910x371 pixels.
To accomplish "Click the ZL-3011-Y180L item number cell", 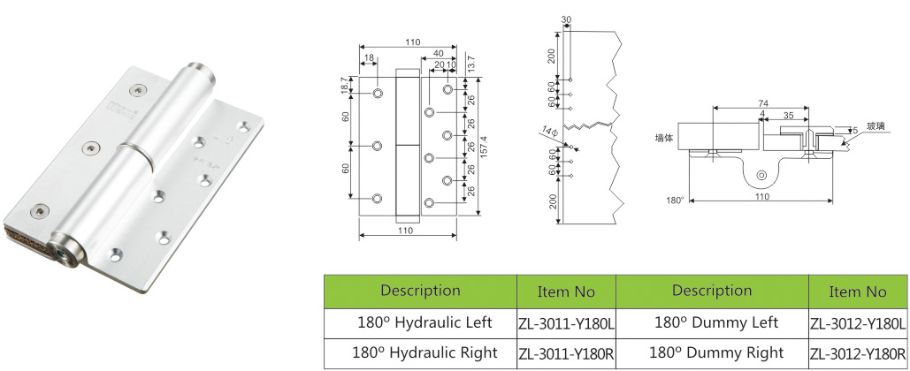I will click(565, 323).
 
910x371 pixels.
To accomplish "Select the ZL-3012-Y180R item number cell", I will click(857, 353).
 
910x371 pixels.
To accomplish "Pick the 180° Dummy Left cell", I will click(711, 322).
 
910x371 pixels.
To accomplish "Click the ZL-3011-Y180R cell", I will click(565, 354).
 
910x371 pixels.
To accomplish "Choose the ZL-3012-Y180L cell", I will click(857, 323).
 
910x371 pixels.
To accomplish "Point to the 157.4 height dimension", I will click(485, 142).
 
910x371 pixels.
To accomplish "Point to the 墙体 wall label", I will click(664, 138).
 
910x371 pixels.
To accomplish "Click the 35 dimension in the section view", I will click(789, 114).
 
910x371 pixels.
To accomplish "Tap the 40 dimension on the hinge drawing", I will click(439, 53).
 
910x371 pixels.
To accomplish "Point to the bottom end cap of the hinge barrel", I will click(67, 251).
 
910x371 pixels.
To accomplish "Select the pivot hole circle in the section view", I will click(760, 178).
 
